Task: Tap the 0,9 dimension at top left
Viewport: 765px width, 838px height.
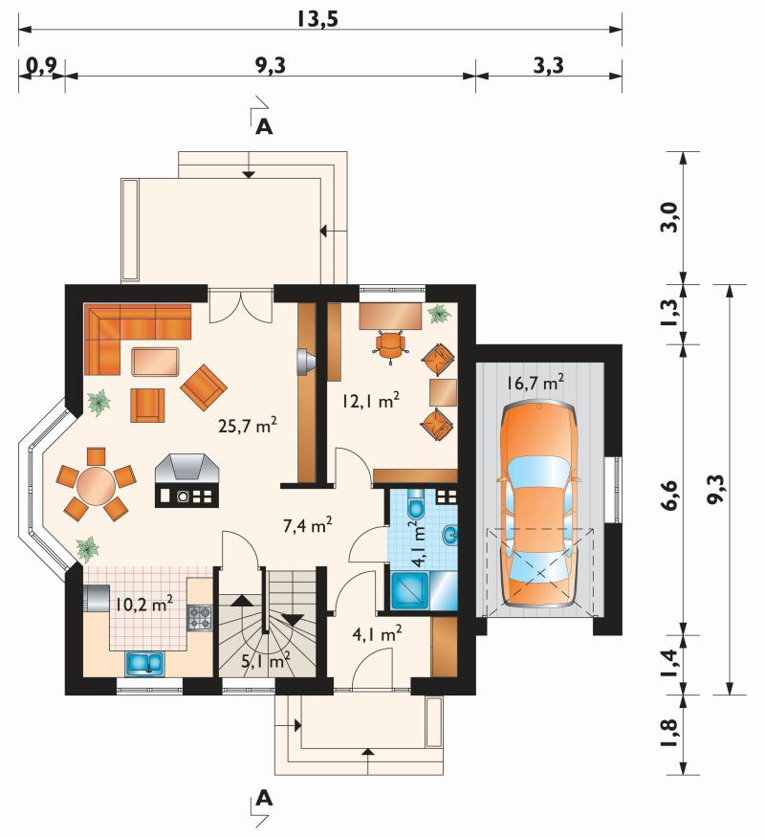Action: [x=40, y=66]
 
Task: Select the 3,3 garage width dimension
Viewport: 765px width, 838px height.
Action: [x=548, y=65]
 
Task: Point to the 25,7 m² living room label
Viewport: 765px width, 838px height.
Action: [x=248, y=425]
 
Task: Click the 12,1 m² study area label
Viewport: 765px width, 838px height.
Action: [x=371, y=400]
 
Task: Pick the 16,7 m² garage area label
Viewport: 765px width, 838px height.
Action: [x=535, y=382]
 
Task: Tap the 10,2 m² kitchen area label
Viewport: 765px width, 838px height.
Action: [x=144, y=604]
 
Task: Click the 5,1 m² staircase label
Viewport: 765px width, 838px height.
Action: [x=266, y=661]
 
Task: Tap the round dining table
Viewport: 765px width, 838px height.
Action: [x=97, y=486]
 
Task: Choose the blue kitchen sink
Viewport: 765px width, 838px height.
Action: [x=145, y=663]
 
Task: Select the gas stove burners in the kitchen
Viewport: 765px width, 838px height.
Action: [x=200, y=617]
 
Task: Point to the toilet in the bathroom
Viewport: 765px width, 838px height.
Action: [x=416, y=504]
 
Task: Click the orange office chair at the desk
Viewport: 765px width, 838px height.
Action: [x=390, y=346]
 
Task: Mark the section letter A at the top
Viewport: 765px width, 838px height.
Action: [x=265, y=126]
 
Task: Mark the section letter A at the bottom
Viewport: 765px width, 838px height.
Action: [x=265, y=798]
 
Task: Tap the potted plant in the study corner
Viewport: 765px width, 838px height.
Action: [x=439, y=314]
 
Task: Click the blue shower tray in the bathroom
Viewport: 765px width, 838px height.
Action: [x=409, y=591]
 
